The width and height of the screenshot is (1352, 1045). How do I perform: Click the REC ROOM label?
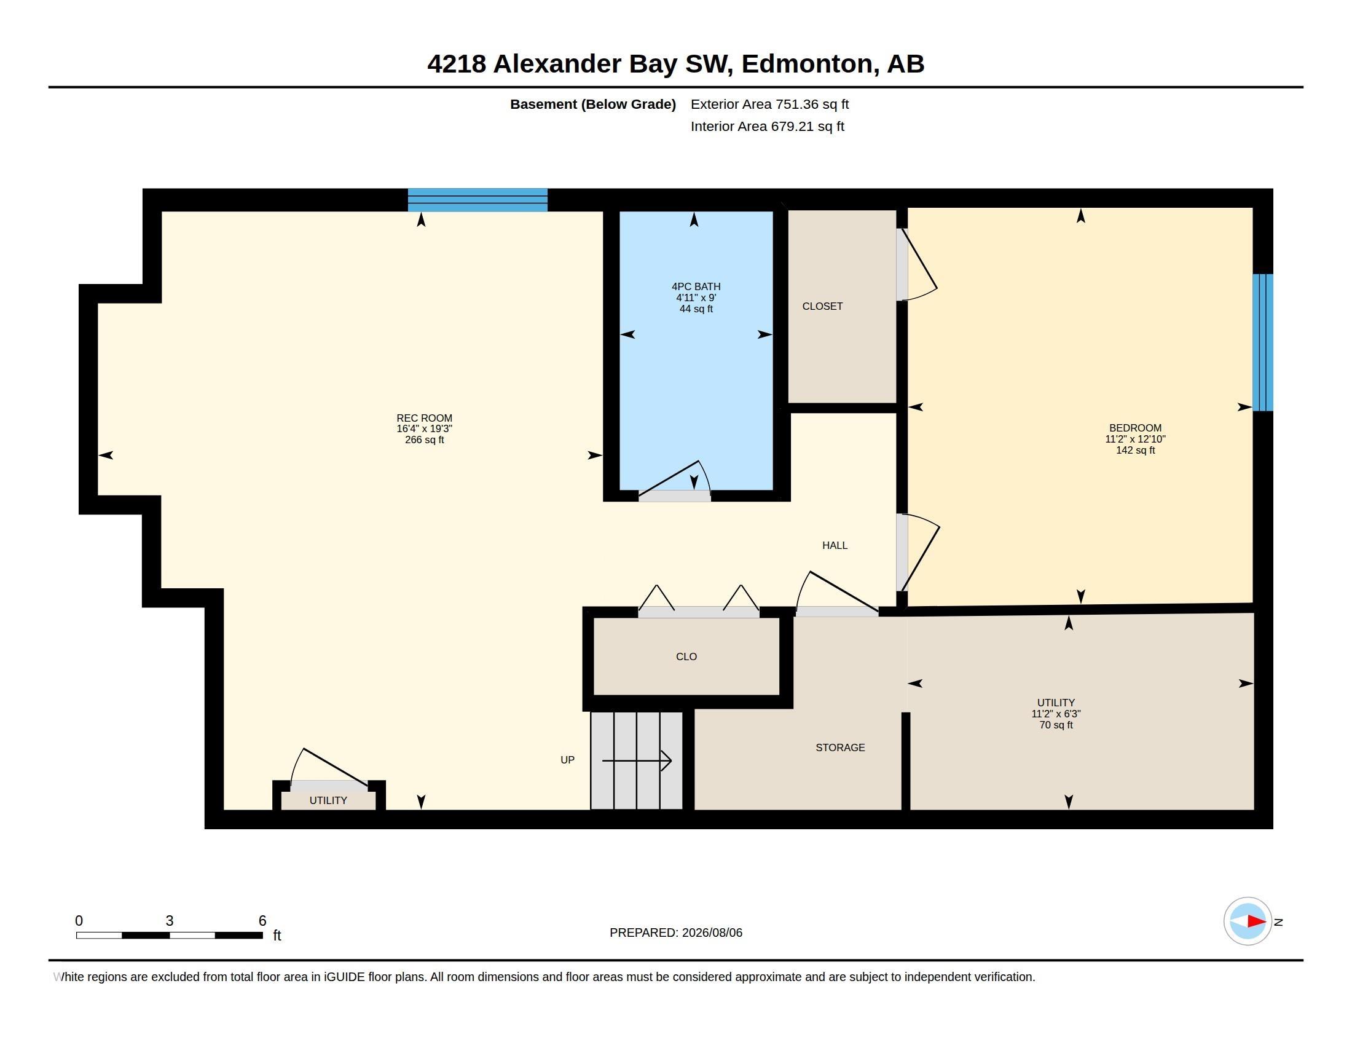click(x=424, y=418)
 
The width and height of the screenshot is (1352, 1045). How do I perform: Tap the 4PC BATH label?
click(x=696, y=286)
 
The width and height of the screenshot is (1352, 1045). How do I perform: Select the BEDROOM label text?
click(x=1134, y=428)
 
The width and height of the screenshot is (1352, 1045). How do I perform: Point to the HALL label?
click(x=835, y=545)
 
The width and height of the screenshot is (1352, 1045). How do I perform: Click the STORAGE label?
click(x=840, y=748)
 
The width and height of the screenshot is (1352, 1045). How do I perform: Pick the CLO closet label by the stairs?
click(x=686, y=657)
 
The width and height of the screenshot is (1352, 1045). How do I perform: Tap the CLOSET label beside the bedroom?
click(x=822, y=307)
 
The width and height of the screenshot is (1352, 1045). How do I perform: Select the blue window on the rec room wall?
click(x=478, y=200)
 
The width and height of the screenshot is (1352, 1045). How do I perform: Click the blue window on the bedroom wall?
click(x=1263, y=342)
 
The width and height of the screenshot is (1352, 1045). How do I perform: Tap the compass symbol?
click(x=1248, y=921)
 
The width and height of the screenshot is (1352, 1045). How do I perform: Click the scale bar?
click(x=169, y=936)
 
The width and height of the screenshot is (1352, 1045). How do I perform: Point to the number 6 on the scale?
click(x=262, y=921)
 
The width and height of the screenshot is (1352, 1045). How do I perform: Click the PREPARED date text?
click(x=675, y=933)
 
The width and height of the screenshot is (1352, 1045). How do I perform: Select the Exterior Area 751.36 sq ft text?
click(x=769, y=104)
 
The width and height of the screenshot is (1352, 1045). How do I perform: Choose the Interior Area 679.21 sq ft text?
click(x=767, y=127)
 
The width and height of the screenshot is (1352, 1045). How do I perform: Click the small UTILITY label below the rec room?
click(x=328, y=800)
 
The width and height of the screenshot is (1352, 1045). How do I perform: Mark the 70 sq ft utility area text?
click(x=1055, y=725)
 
